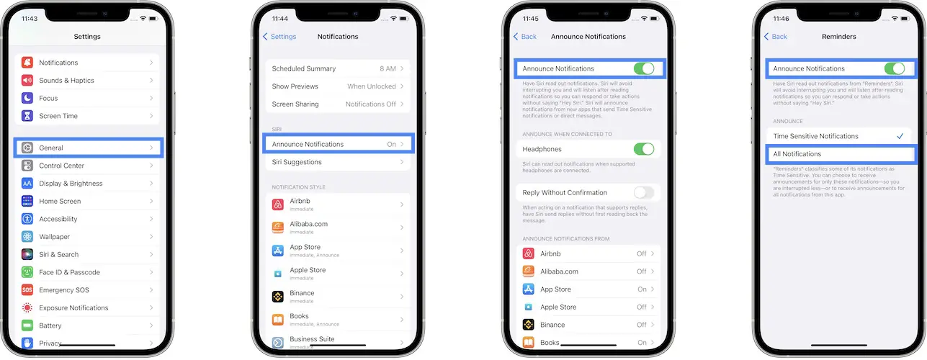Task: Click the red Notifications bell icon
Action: (27, 63)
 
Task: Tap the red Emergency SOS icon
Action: (27, 290)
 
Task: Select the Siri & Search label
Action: (59, 254)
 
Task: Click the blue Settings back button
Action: (279, 37)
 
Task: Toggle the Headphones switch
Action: (643, 149)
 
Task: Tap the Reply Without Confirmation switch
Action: (643, 192)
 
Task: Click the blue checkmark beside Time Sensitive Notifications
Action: (900, 136)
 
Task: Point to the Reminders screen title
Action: (838, 37)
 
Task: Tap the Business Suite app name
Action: (312, 339)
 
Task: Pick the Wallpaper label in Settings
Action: (55, 236)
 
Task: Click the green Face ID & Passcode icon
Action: (27, 272)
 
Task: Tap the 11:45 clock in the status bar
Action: (531, 19)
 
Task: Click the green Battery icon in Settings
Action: (27, 325)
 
